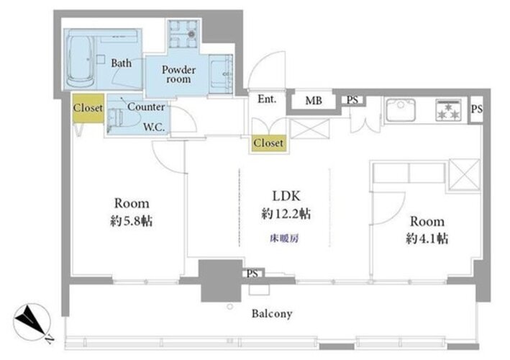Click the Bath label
(x=122, y=63)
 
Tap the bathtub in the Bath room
(x=80, y=61)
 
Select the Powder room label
(x=178, y=74)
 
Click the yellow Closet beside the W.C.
(x=88, y=108)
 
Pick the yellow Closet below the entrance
(x=268, y=143)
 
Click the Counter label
(x=146, y=107)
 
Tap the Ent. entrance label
(x=267, y=99)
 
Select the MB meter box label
(x=314, y=101)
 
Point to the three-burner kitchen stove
(x=449, y=110)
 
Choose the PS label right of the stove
(x=477, y=109)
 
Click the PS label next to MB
(x=352, y=100)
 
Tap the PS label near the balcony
(x=252, y=274)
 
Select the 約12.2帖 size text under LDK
(x=286, y=214)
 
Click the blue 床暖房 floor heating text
(x=284, y=238)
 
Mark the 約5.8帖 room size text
(x=131, y=221)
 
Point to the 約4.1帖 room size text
(x=427, y=238)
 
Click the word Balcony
(x=272, y=314)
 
